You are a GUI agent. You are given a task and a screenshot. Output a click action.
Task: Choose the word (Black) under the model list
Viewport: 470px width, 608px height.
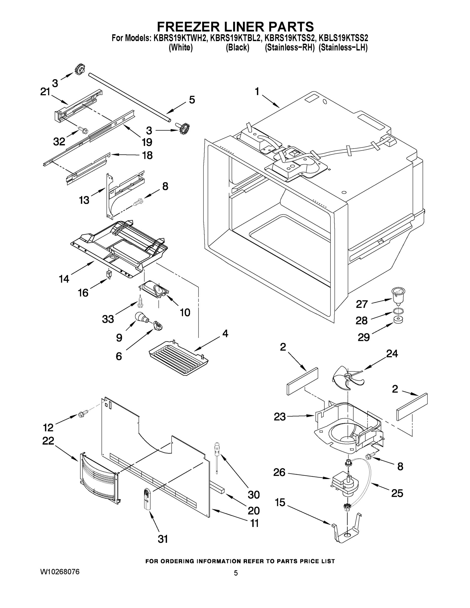point(237,48)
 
